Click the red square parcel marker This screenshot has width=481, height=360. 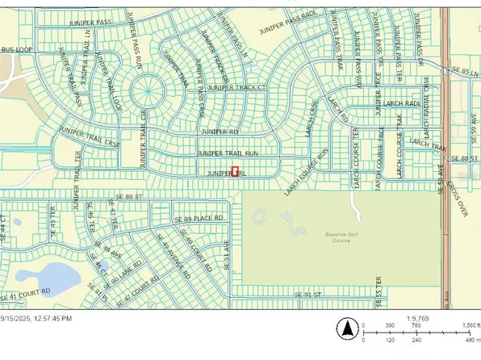(x=236, y=171)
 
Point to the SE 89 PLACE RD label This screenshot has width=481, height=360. (x=198, y=219)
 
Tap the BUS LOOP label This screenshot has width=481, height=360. (x=15, y=50)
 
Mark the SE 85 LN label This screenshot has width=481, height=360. (x=466, y=70)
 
